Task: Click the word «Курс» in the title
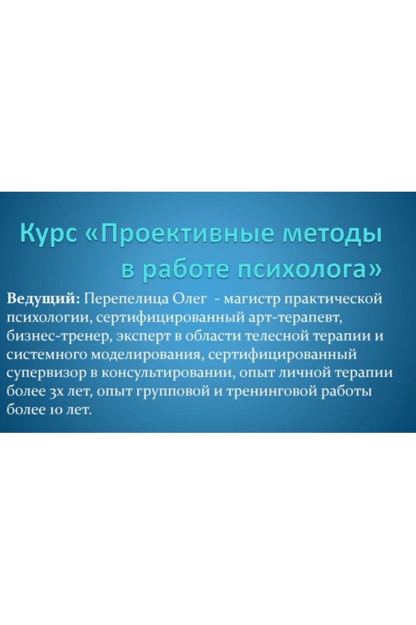[x=48, y=234]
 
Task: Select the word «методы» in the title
[x=332, y=234]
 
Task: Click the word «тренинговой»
[x=271, y=392]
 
